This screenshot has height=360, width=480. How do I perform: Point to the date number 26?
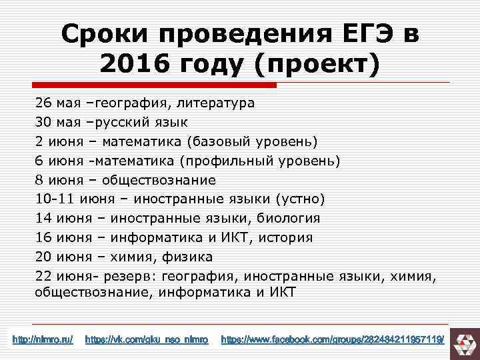click(44, 104)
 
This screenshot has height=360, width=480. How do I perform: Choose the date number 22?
click(44, 275)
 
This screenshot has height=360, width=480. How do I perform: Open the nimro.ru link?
click(43, 341)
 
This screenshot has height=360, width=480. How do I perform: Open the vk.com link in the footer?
click(147, 341)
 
